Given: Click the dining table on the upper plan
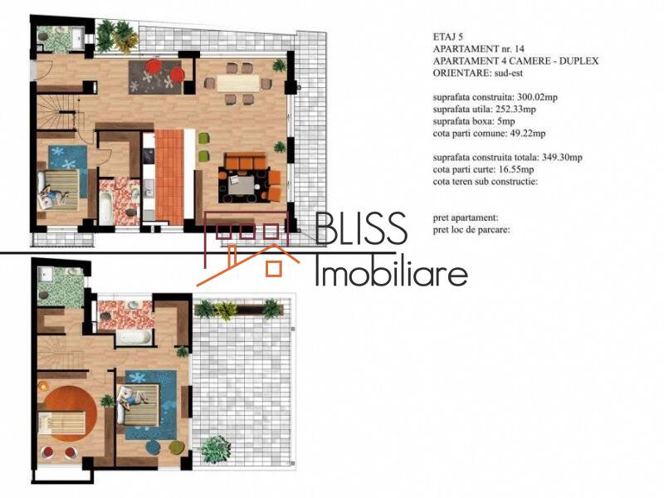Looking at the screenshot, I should tap(239, 83).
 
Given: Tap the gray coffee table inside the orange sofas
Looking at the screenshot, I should tap(242, 185).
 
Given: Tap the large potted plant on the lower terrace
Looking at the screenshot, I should tap(215, 448).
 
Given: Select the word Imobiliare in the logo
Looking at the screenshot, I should tap(391, 271).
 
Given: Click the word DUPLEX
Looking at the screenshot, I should tap(574, 61).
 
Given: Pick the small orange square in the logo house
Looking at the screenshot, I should tap(272, 268).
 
